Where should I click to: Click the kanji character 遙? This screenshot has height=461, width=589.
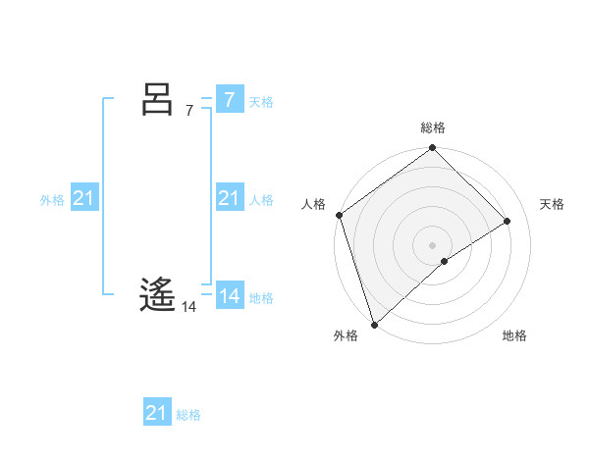[157, 293]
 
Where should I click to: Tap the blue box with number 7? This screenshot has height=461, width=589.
[229, 99]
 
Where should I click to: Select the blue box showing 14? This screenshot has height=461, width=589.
[229, 295]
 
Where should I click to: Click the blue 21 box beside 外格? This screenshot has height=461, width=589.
[83, 198]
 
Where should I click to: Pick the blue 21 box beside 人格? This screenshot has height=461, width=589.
[229, 198]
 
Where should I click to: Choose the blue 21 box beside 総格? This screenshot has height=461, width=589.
[156, 413]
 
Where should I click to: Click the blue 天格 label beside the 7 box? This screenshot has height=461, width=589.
[261, 102]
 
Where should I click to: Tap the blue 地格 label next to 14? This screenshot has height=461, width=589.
[261, 298]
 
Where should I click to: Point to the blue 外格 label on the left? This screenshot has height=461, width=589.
[52, 200]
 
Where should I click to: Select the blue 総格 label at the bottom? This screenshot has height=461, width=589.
[188, 415]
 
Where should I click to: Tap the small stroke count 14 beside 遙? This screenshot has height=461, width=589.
[189, 307]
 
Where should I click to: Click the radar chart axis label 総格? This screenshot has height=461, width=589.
[433, 128]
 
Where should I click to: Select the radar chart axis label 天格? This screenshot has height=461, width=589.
[553, 204]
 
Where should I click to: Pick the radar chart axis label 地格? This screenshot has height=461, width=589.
[514, 336]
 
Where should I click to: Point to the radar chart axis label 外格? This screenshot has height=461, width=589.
[346, 336]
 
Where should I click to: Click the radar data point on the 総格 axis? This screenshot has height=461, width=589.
[433, 149]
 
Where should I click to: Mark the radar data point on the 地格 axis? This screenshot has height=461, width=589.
[445, 261]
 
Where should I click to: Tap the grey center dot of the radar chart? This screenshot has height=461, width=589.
[433, 244]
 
